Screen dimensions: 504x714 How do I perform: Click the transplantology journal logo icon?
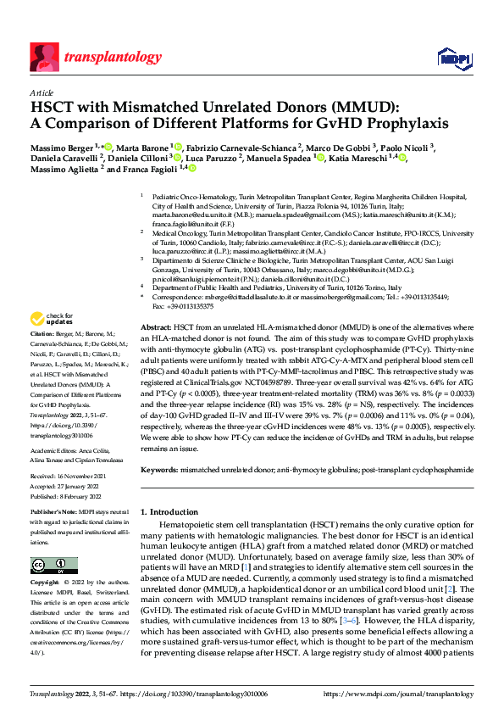[x=43, y=58]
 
